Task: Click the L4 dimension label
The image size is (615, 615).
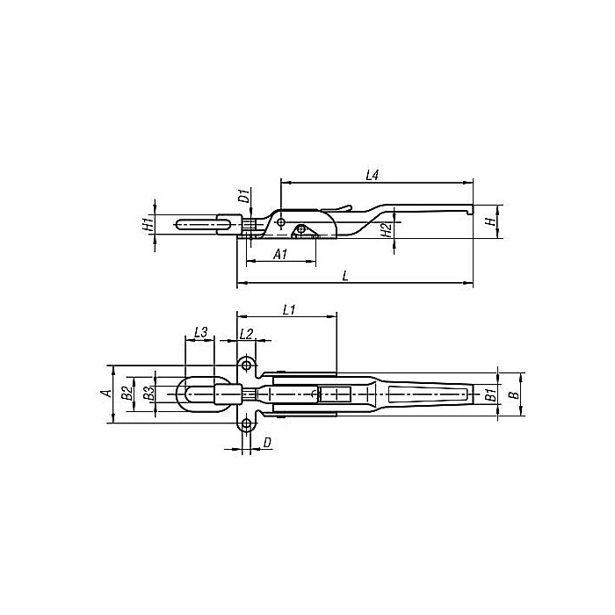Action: point(372,176)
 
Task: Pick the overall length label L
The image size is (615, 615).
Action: point(345,276)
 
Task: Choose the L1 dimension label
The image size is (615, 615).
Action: point(289,309)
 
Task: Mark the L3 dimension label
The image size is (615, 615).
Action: point(199,332)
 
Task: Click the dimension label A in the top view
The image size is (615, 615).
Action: point(105,394)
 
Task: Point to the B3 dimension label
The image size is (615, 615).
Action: point(148,394)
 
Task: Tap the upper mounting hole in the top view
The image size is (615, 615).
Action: point(248,365)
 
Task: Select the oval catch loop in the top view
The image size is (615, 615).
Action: point(198,394)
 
